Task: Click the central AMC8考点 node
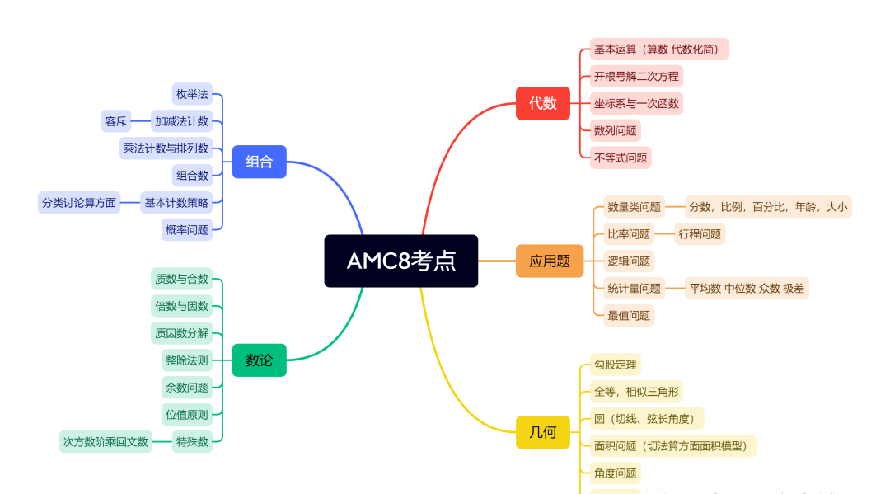point(401,261)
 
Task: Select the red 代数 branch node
point(543,103)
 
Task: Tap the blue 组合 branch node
point(259,162)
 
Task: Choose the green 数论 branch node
point(259,360)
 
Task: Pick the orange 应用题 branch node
point(550,261)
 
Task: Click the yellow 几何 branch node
point(543,432)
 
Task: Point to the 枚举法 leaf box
point(192,94)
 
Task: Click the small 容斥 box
point(116,121)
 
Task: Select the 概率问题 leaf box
point(187,229)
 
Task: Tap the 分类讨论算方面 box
point(79,202)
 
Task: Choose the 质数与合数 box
point(182,279)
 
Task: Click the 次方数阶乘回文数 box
point(105,441)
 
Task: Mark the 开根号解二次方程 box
point(636,77)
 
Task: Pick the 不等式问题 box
point(621,158)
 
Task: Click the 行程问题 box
point(700,233)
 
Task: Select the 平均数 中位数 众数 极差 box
point(747,288)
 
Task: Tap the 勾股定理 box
point(615,365)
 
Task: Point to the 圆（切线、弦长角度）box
point(647,419)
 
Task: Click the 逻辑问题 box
point(629,261)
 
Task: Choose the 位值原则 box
point(187,414)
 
